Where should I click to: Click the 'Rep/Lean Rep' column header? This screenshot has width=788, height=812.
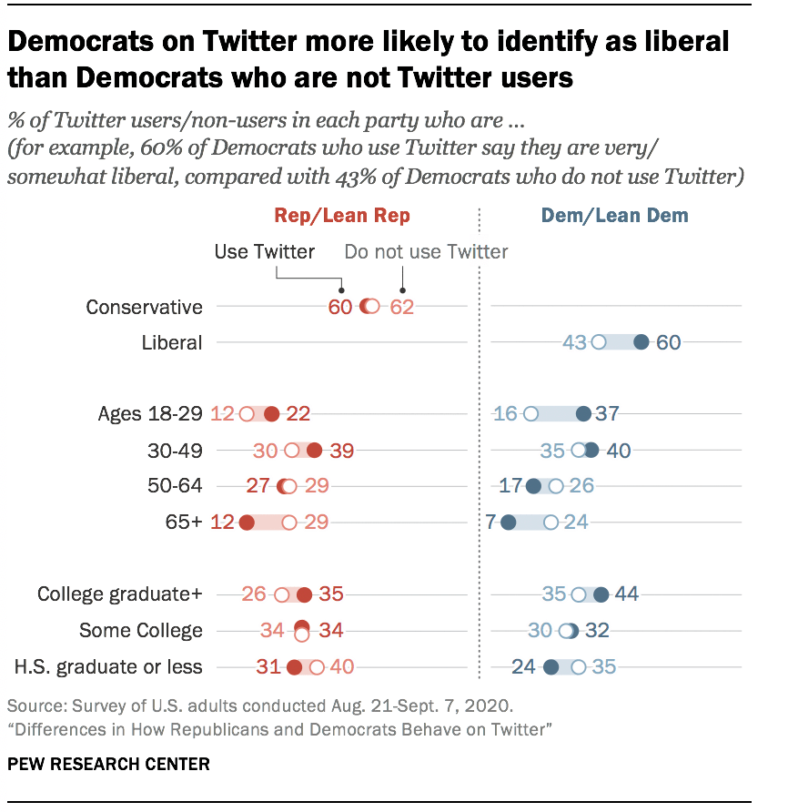pyautogui.click(x=342, y=216)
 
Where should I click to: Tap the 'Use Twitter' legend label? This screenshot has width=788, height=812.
pyautogui.click(x=265, y=251)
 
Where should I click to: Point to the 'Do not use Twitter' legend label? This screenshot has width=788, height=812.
pyautogui.click(x=426, y=251)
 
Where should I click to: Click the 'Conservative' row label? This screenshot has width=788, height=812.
pyautogui.click(x=144, y=307)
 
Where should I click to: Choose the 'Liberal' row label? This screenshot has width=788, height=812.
pyautogui.click(x=172, y=343)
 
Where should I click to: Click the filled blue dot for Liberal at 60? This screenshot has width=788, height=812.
pyautogui.click(x=641, y=343)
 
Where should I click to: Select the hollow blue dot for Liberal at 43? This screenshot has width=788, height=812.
pyautogui.click(x=599, y=343)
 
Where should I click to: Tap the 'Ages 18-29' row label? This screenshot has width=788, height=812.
pyautogui.click(x=150, y=414)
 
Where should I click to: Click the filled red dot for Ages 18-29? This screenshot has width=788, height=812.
pyautogui.click(x=271, y=414)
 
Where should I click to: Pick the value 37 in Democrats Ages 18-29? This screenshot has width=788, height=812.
pyautogui.click(x=607, y=414)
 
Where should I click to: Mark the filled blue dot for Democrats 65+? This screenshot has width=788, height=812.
pyautogui.click(x=509, y=523)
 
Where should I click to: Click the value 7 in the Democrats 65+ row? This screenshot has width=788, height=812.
pyautogui.click(x=490, y=523)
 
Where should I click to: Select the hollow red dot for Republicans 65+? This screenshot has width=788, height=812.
pyautogui.click(x=289, y=523)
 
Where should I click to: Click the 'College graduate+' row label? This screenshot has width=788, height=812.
pyautogui.click(x=120, y=594)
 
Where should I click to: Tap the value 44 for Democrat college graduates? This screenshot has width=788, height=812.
pyautogui.click(x=626, y=594)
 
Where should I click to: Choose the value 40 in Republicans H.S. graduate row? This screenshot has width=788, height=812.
pyautogui.click(x=341, y=667)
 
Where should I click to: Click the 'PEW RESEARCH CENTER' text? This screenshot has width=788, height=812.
pyautogui.click(x=108, y=764)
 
